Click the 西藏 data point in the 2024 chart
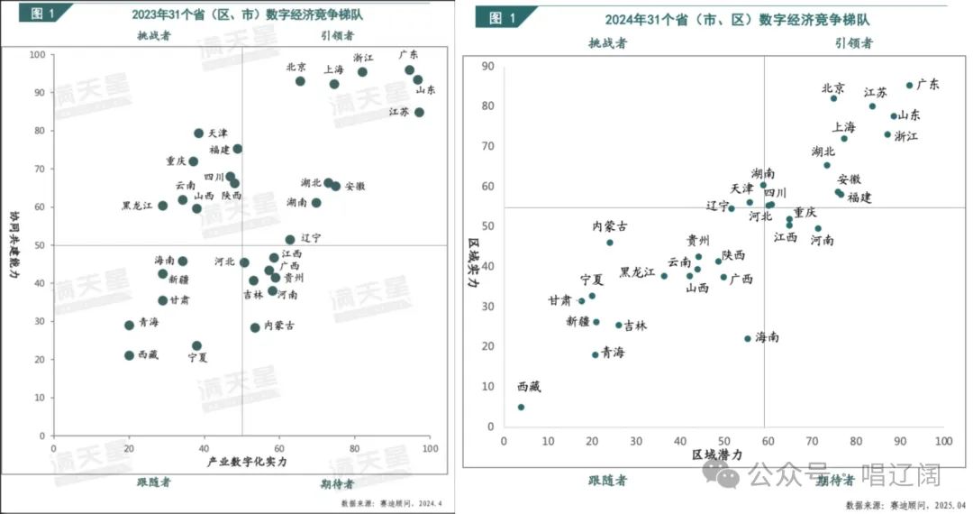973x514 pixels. [x=521, y=407]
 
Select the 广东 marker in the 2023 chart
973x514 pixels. [x=409, y=69]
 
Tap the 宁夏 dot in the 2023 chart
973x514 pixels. [x=196, y=345]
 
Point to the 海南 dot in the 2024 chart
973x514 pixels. [x=747, y=338]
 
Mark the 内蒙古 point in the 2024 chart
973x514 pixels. [x=610, y=242]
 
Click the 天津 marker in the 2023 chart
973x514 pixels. [x=199, y=133]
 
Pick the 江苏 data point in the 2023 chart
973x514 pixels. [x=419, y=112]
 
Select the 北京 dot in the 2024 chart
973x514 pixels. [x=833, y=97]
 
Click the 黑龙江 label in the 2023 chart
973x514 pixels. [x=138, y=206]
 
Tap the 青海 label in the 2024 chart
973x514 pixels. [x=614, y=353]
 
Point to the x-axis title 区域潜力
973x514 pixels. [x=717, y=455]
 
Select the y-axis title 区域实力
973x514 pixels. [x=473, y=262]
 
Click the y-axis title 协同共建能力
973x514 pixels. [x=14, y=244]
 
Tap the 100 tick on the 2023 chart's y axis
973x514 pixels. [x=38, y=54]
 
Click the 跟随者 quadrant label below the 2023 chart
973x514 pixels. [x=153, y=482]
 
